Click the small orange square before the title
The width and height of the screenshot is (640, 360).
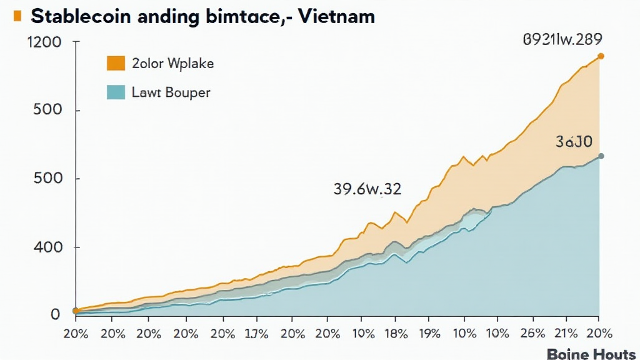pyautogui.click(x=16, y=16)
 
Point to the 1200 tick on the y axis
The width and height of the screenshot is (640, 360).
pyautogui.click(x=45, y=43)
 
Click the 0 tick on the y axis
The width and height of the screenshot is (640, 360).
pyautogui.click(x=55, y=314)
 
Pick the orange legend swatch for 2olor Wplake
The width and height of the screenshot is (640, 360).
pyautogui.click(x=116, y=63)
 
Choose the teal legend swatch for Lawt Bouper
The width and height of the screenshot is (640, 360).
pyautogui.click(x=116, y=92)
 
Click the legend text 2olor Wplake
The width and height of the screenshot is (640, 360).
pyautogui.click(x=173, y=64)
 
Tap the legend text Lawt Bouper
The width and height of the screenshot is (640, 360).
pyautogui.click(x=171, y=93)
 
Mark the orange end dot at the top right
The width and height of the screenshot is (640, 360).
pyautogui.click(x=601, y=56)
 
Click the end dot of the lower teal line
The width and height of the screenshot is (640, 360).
pyautogui.click(x=601, y=156)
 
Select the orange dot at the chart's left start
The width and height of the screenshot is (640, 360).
pyautogui.click(x=76, y=311)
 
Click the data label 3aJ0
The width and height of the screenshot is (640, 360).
pyautogui.click(x=574, y=142)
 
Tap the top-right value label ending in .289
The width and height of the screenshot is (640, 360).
pyautogui.click(x=562, y=40)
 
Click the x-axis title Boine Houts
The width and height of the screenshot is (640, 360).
pyautogui.click(x=591, y=354)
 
